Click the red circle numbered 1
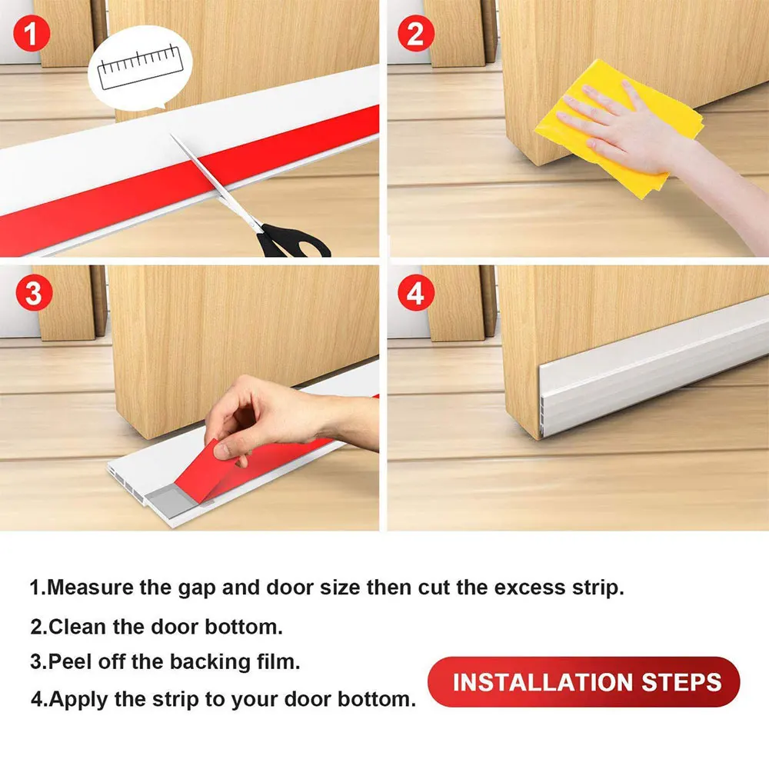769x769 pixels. (32, 32)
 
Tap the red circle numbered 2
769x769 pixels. (416, 32)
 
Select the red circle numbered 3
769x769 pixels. (32, 294)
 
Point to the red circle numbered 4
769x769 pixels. (416, 294)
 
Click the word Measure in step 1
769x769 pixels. (90, 588)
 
